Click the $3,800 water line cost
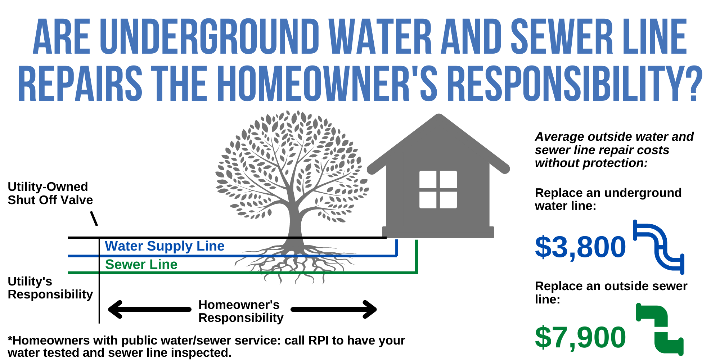pos(580,247)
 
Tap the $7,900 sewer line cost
pos(580,337)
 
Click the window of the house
pos(438,189)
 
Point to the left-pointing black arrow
pos(149,309)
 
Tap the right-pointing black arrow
pos(334,309)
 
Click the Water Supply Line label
pos(165,246)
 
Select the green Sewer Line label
pos(141,264)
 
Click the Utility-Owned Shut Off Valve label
pos(50,193)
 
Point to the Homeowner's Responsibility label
pos(241,311)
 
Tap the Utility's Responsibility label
pos(50,288)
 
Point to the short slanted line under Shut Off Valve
pos(94,219)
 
